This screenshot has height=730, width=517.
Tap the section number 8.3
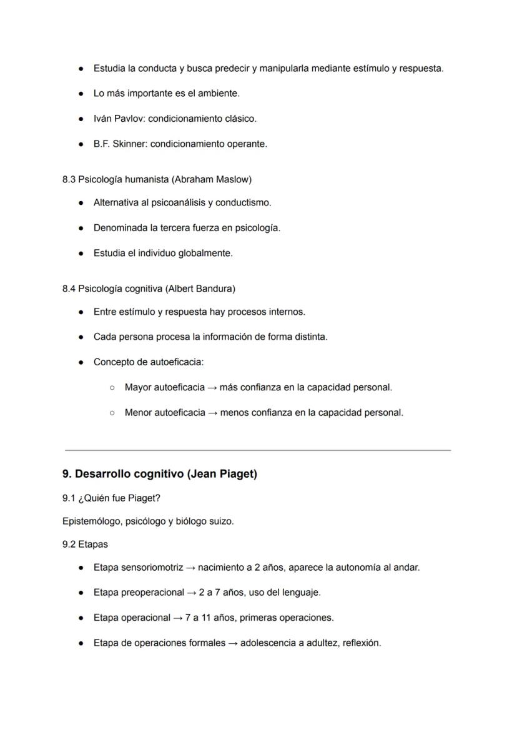[x=69, y=179]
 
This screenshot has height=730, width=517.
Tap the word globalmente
[x=206, y=253]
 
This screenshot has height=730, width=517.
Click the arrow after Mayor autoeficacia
[x=212, y=387]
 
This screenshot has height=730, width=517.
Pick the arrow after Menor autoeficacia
[x=213, y=412]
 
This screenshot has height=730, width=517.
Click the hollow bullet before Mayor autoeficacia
[x=112, y=387]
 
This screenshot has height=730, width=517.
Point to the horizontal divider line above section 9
[x=257, y=450]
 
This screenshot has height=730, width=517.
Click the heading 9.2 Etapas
[x=85, y=544]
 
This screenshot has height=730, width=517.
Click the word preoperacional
[x=152, y=592]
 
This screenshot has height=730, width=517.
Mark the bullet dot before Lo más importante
[x=81, y=93]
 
